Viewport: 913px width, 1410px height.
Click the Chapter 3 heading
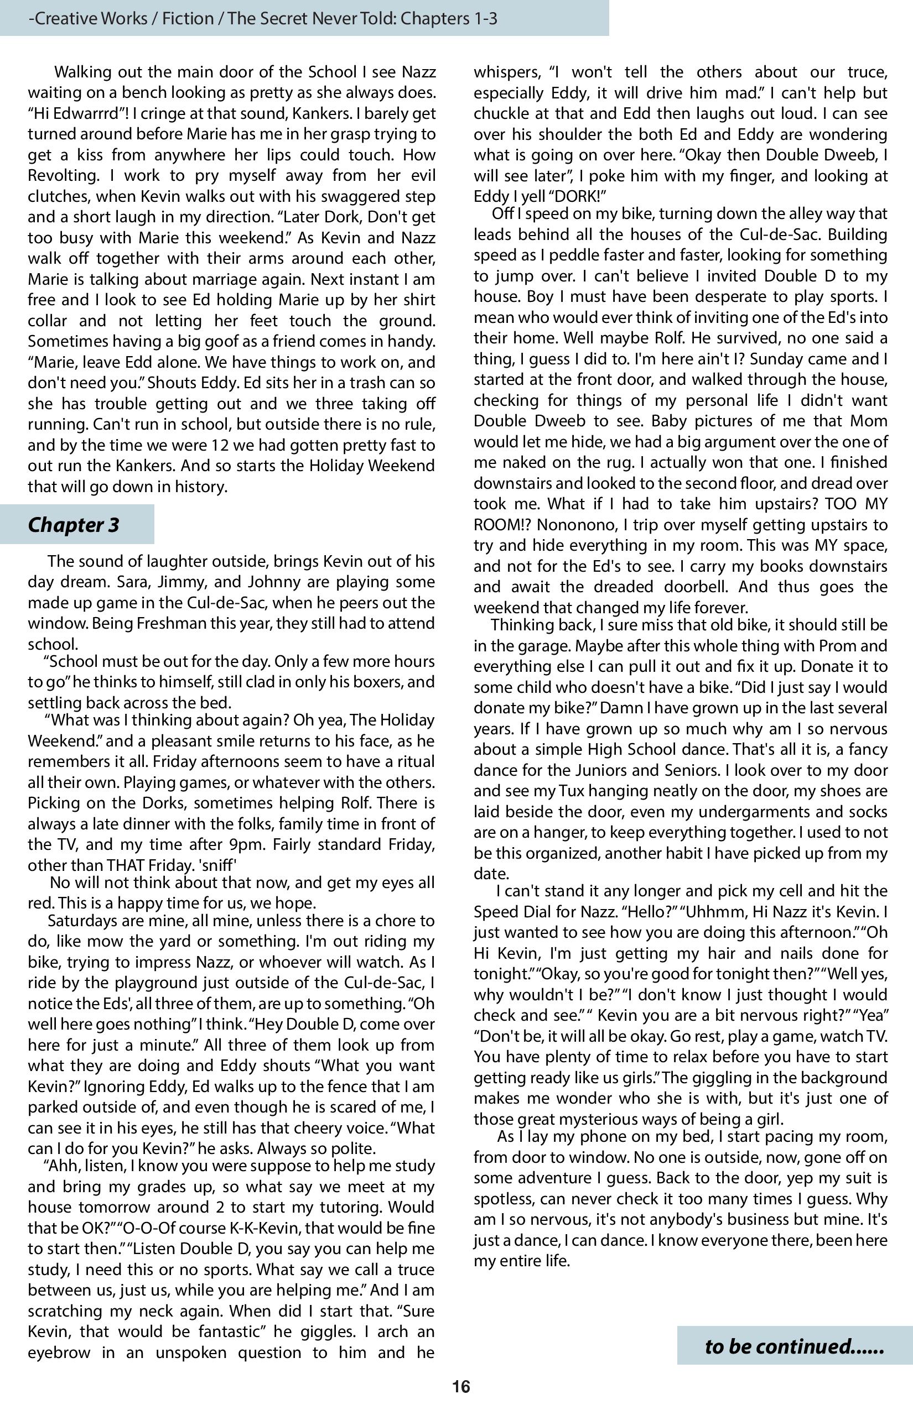pyautogui.click(x=74, y=524)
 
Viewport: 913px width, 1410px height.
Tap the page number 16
pyautogui.click(x=461, y=1387)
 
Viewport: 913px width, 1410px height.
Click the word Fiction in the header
pyautogui.click(x=189, y=18)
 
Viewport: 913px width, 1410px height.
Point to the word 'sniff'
pyautogui.click(x=219, y=864)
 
